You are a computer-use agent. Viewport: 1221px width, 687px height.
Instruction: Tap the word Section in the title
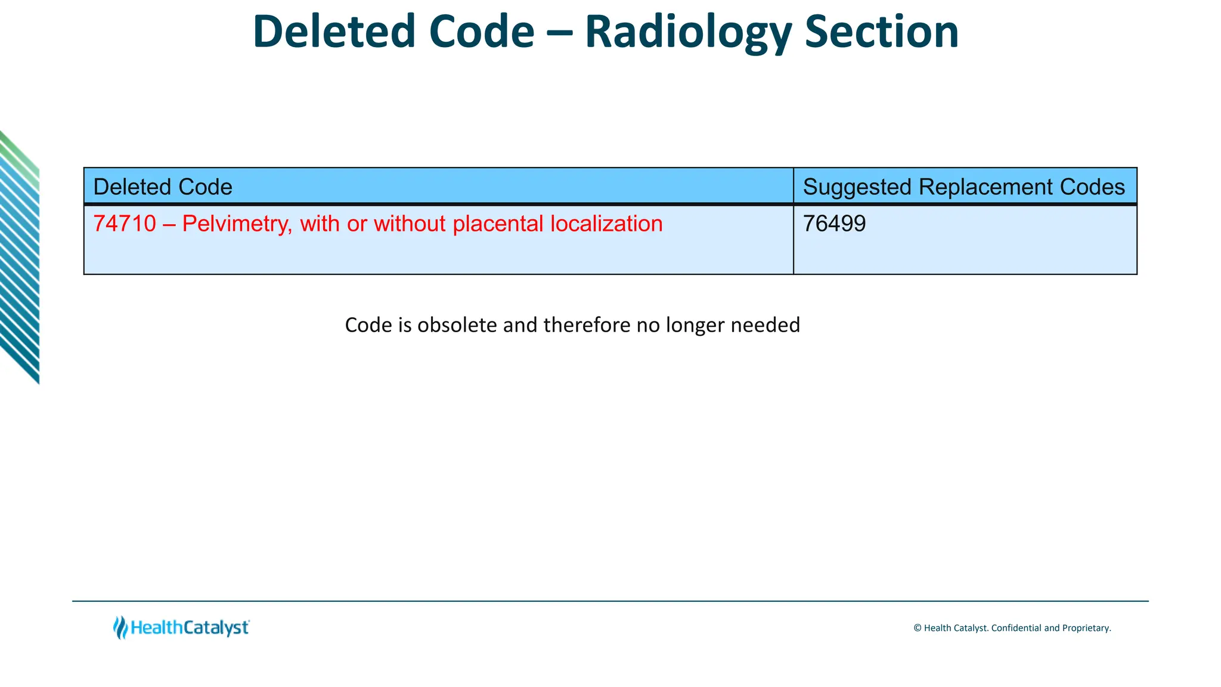(882, 32)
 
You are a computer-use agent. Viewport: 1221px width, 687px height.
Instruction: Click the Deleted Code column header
(163, 187)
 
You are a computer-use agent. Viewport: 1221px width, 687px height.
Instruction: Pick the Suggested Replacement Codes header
(963, 187)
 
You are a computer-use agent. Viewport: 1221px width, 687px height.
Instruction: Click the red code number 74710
(125, 224)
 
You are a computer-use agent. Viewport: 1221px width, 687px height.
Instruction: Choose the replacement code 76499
(834, 224)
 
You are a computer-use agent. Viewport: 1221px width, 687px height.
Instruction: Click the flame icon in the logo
(120, 627)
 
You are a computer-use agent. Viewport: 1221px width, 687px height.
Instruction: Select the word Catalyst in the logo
(216, 628)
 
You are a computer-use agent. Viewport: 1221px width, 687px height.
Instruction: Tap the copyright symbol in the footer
(918, 628)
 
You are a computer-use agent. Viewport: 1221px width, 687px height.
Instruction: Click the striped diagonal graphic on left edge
(19, 256)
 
